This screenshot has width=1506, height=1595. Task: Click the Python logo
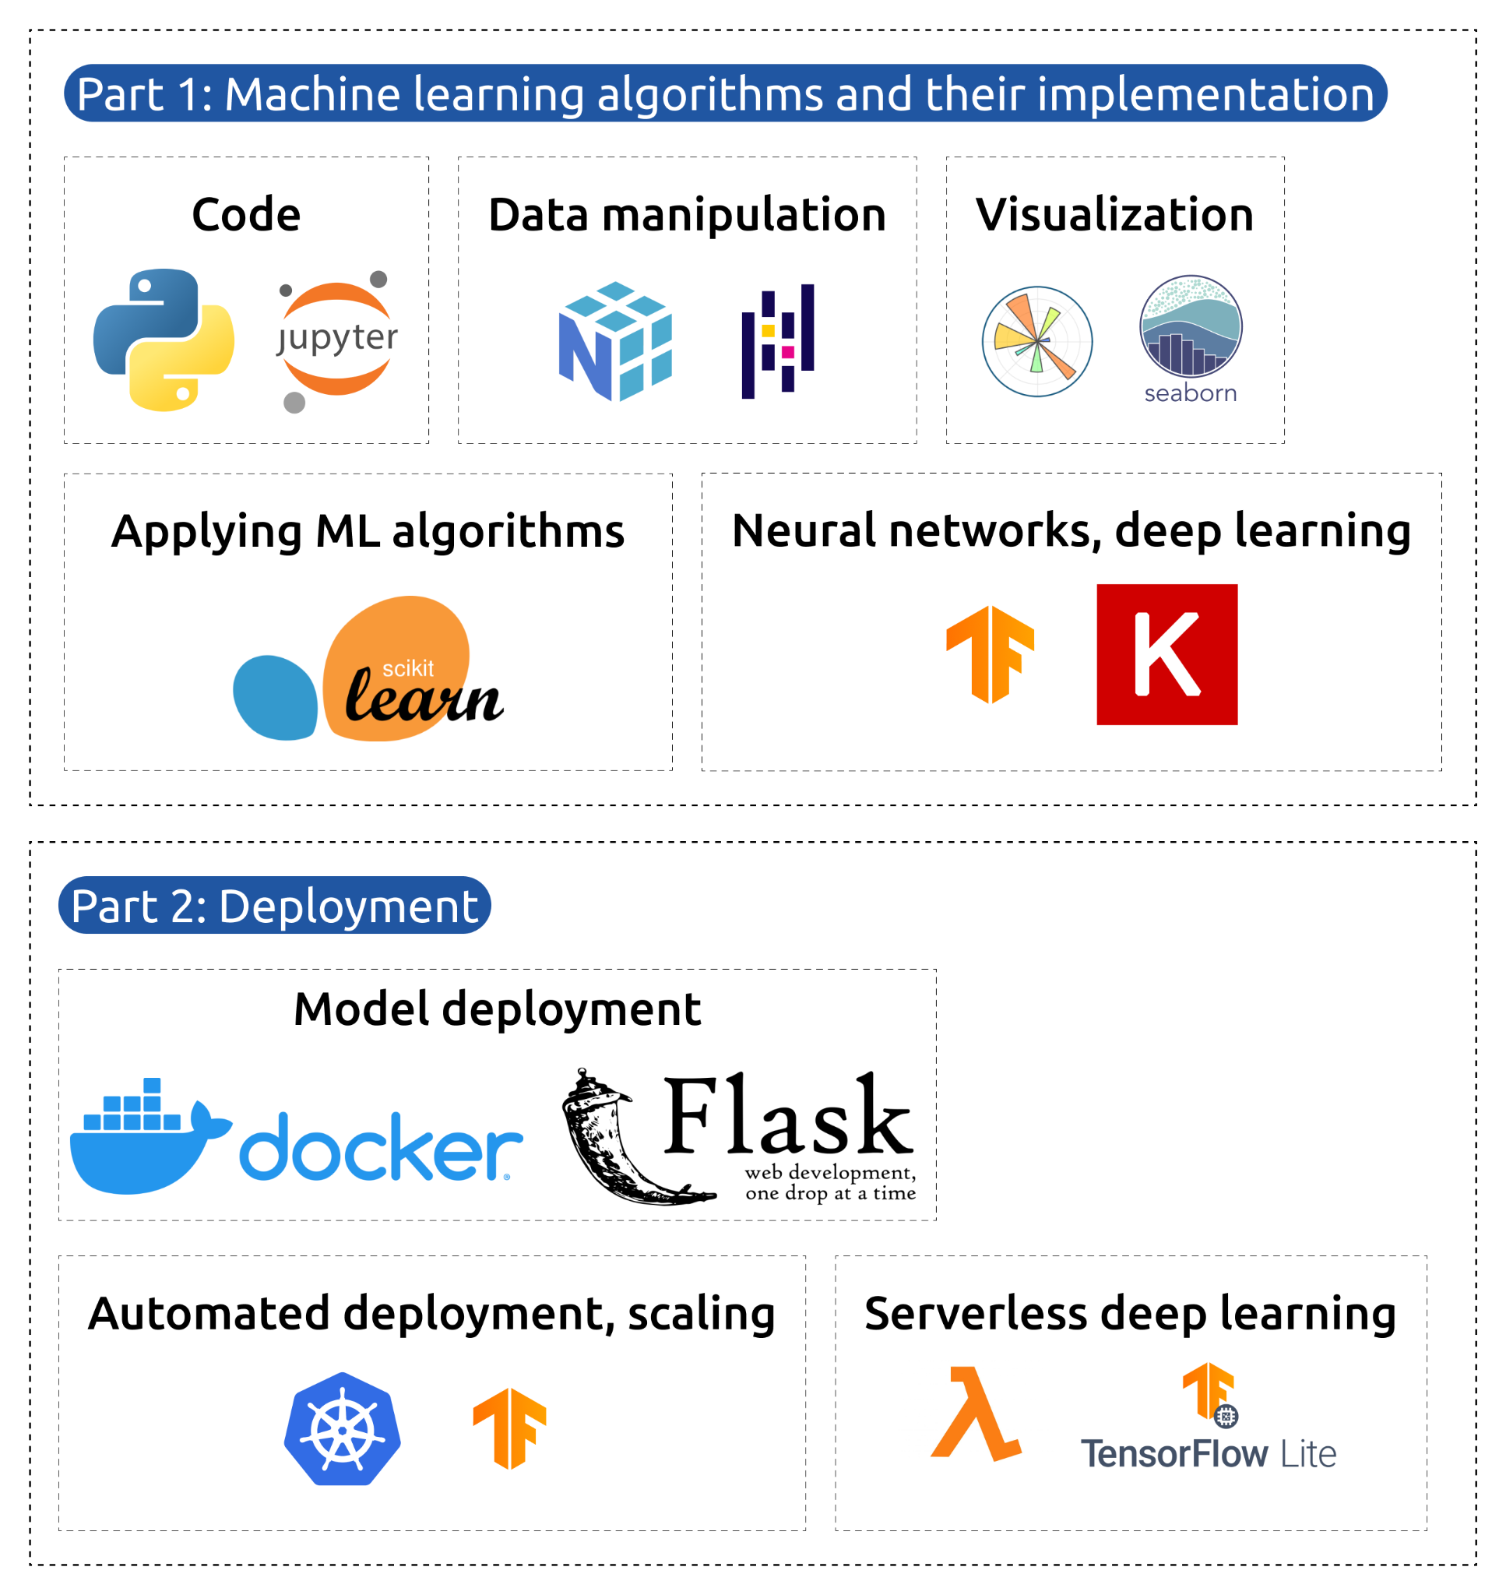coord(164,340)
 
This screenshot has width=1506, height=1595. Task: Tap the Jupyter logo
coord(337,340)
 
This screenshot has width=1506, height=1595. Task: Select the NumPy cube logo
coord(615,340)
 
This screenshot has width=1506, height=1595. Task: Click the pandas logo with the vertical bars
coord(778,340)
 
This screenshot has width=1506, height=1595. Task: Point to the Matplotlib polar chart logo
coord(1037,341)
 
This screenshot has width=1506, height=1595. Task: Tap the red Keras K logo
coord(1166,654)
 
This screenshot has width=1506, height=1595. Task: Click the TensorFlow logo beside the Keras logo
coord(990,654)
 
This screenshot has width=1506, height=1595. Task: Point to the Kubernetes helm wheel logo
coord(342,1429)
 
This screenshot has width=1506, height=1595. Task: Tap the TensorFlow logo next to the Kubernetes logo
coord(509,1428)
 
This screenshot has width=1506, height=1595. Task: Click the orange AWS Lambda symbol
coord(976,1414)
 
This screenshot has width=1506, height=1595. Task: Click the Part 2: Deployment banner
coord(275,906)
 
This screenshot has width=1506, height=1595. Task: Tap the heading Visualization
coord(1114,215)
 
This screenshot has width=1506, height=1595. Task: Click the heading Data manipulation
coord(687,215)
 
